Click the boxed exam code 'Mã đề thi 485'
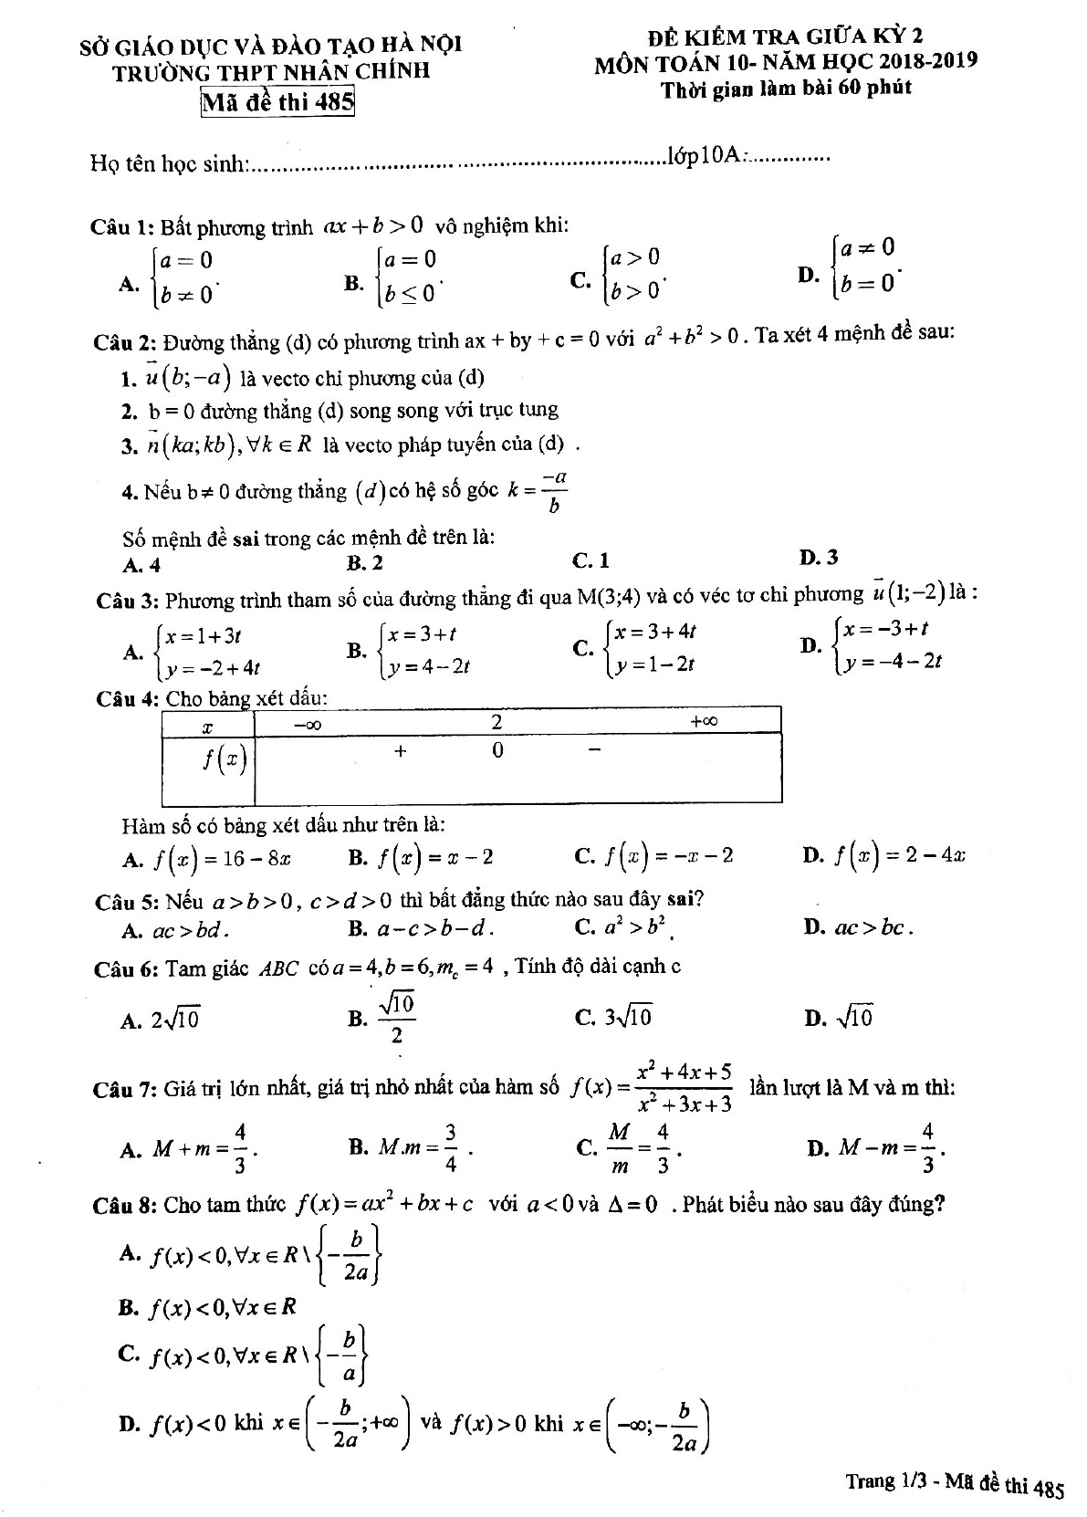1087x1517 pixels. pos(277,101)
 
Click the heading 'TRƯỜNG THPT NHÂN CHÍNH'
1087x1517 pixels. pos(270,71)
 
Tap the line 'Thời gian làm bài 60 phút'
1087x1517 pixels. pos(786,89)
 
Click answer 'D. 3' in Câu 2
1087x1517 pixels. pos(818,558)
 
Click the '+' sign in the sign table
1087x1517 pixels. pos(400,751)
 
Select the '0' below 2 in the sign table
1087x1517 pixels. pos(497,751)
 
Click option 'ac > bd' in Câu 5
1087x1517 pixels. pos(176,930)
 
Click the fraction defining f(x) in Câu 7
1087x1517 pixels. pos(685,1087)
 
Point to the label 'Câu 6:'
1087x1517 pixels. pos(127,969)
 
